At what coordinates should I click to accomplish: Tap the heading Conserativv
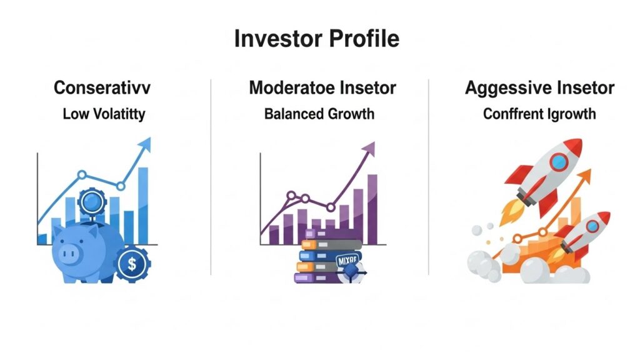tap(103, 88)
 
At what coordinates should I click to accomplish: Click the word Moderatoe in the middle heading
tap(286, 88)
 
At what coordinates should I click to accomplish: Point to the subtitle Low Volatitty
tap(103, 114)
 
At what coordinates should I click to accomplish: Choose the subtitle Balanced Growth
tap(319, 114)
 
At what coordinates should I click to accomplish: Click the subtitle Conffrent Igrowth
tap(539, 114)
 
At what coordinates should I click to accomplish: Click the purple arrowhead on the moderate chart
tap(369, 149)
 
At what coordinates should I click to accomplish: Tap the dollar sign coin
tap(132, 264)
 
